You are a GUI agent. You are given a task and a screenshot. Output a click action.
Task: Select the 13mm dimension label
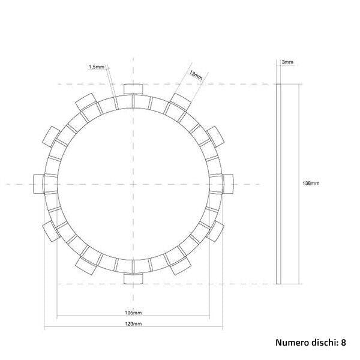[195, 75]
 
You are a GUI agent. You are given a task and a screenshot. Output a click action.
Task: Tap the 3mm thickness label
[287, 62]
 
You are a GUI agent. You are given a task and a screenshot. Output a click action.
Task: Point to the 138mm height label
[312, 184]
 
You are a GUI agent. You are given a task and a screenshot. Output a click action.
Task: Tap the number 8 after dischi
[344, 344]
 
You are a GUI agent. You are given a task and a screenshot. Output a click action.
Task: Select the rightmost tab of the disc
[228, 184]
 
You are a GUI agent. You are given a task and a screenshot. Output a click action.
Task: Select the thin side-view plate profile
[278, 184]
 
